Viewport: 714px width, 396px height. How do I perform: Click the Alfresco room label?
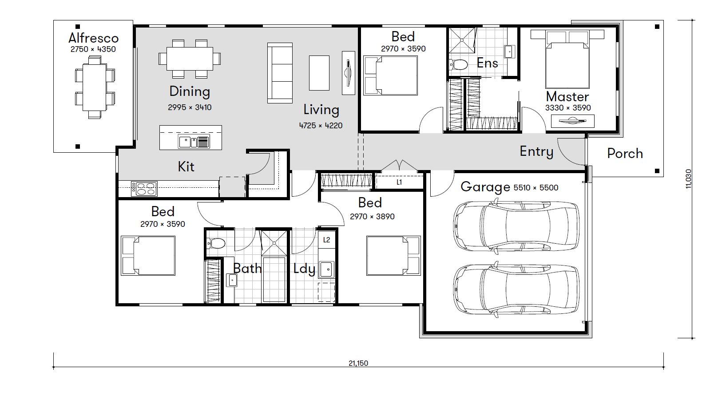click(93, 38)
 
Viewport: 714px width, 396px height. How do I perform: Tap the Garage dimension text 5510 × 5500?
click(536, 188)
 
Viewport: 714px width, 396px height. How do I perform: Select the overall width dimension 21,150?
click(358, 363)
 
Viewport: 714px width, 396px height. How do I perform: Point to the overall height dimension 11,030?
click(689, 179)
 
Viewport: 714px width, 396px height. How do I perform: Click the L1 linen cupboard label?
click(399, 182)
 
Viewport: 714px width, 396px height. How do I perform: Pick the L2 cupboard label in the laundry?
click(326, 240)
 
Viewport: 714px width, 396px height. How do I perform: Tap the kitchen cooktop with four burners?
click(144, 189)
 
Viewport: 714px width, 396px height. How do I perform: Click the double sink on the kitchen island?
click(194, 142)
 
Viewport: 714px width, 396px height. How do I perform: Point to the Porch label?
click(625, 154)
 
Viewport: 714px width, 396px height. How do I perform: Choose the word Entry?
click(536, 152)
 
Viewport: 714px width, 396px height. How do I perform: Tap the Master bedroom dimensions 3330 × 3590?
click(568, 108)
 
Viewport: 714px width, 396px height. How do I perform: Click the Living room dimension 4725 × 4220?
click(321, 126)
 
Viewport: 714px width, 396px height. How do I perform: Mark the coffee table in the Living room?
click(319, 73)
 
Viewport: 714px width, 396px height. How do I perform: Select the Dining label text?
click(190, 91)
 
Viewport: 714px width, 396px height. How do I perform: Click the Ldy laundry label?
click(304, 269)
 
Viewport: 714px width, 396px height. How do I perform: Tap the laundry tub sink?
click(326, 269)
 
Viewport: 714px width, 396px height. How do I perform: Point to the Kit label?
click(186, 166)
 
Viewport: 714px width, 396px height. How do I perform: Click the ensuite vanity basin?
click(508, 51)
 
